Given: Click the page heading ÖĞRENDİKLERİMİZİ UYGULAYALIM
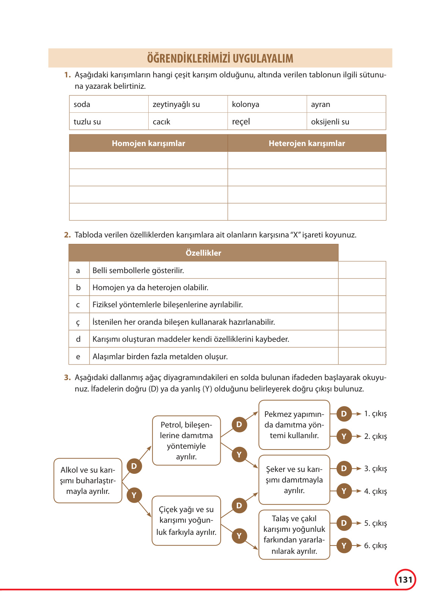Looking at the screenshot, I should (220, 58).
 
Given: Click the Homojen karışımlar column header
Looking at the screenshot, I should (148, 143).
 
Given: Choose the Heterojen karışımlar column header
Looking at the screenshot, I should (307, 143).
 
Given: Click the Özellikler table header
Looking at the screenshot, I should (203, 253).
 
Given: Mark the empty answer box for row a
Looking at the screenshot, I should (362, 270).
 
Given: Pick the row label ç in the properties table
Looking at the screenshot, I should (78, 322).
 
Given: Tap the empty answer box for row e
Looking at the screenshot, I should (362, 356).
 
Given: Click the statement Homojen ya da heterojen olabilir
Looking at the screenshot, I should (151, 288).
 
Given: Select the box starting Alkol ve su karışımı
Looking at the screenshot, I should (88, 481).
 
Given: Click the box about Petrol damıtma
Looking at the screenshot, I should (186, 440).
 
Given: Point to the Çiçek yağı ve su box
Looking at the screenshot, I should (186, 520).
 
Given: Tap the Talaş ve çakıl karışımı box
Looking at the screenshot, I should (294, 534).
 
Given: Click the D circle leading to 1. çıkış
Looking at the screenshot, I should (344, 414).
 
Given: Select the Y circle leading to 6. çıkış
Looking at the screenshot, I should (344, 545).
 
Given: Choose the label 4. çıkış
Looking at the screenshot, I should (375, 491).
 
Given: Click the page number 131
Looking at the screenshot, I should (405, 580).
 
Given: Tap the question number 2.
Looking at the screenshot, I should (67, 235).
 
